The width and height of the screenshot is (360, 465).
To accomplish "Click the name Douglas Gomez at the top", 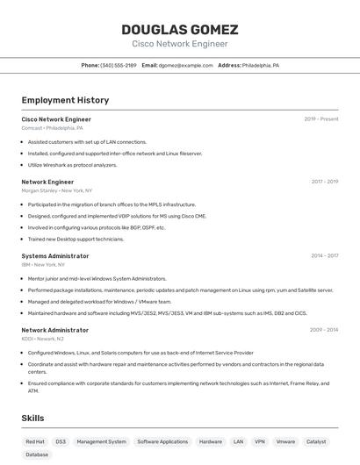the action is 179,30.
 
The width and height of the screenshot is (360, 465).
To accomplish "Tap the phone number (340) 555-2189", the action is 118,65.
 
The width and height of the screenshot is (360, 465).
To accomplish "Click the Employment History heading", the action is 65,100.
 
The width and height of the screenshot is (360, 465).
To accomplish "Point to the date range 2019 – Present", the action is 320,118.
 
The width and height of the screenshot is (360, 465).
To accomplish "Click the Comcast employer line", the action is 52,128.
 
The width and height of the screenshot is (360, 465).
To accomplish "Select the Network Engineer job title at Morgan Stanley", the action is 47,182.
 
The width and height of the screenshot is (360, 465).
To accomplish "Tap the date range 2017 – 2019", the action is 324,182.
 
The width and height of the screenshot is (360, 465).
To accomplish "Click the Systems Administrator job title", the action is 54,255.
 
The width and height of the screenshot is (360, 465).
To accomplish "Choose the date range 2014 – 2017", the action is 324,255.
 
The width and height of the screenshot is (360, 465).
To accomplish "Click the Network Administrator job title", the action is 54,330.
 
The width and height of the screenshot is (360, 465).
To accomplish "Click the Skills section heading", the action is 32,418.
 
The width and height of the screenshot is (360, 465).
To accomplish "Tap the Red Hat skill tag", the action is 35,441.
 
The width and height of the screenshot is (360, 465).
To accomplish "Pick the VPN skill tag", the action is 260,441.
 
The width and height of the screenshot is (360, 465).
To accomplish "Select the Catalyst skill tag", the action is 316,441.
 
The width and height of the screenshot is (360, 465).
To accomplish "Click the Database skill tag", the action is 37,454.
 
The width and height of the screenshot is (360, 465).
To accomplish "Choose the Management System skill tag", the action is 101,441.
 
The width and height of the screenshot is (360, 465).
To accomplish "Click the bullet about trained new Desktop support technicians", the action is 76,239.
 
